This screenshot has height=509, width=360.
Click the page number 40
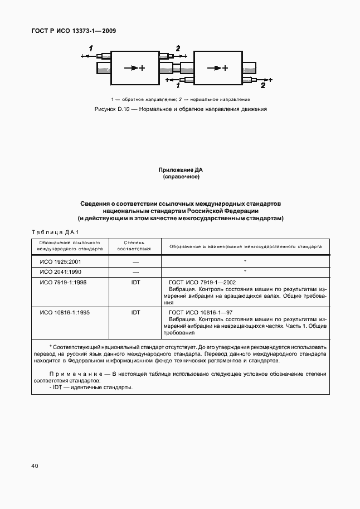tap(27, 465)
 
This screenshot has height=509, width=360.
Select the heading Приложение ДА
tap(181, 169)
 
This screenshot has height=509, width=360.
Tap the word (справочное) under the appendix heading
tap(181, 177)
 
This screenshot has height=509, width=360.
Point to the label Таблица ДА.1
tap(47, 232)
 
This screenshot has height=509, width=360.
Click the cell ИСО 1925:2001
tap(60, 261)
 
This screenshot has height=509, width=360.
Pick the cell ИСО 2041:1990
tap(60, 272)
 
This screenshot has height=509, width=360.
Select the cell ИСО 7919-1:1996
tap(63, 283)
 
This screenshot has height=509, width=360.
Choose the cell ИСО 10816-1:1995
tap(65, 313)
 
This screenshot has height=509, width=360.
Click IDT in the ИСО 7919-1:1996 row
tap(135, 283)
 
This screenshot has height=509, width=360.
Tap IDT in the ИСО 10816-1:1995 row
tap(135, 313)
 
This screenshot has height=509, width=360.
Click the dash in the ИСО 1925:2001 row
tap(135, 261)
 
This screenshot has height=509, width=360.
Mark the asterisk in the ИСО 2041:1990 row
tap(245, 272)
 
